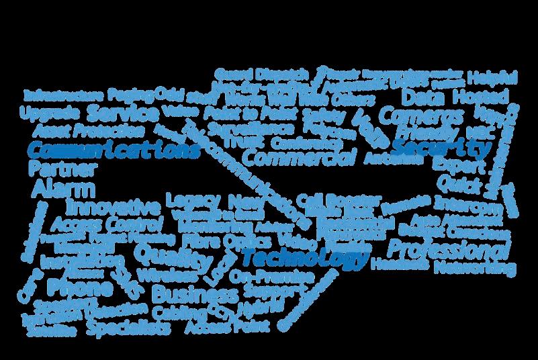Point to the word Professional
point(446,249)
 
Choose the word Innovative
point(113,205)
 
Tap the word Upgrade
point(50,111)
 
